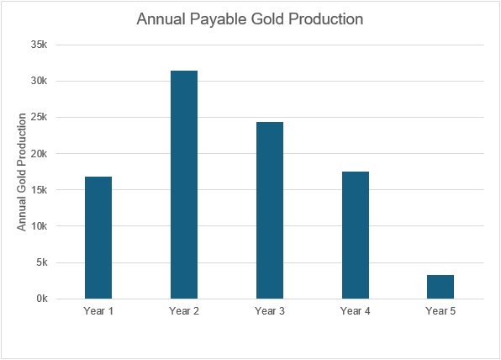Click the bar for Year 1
[98, 237]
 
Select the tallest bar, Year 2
[184, 185]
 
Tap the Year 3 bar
[270, 210]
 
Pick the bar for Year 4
[356, 236]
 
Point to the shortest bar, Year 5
[440, 287]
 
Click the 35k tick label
[39, 45]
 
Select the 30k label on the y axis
[39, 81]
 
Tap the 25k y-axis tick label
[39, 117]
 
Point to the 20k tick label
[39, 153]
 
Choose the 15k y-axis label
[39, 190]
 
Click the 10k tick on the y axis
[39, 226]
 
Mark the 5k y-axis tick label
[41, 262]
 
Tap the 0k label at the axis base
[41, 299]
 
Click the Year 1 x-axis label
[98, 310]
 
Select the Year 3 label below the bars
[270, 310]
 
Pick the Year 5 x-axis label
[440, 310]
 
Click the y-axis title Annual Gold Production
[21, 172]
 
